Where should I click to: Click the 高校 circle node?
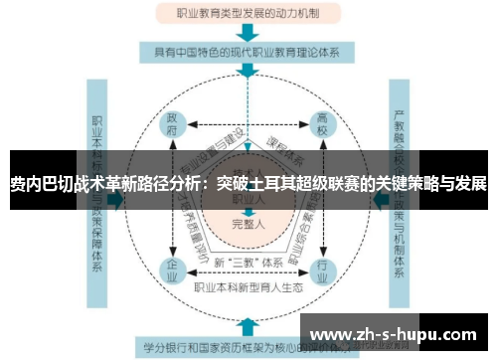[x=321, y=125]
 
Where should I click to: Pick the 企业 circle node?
[x=172, y=270]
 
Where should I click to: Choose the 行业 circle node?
[x=321, y=270]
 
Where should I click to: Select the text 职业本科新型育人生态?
[x=247, y=288]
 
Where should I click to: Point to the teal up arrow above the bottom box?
[x=246, y=324]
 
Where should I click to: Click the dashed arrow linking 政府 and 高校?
[x=247, y=125]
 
